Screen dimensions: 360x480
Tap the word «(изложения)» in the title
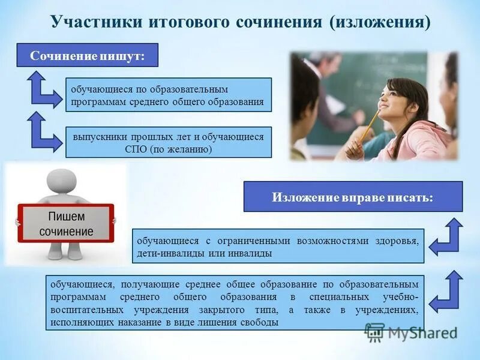point(379,22)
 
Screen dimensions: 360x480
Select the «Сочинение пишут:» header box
point(87,56)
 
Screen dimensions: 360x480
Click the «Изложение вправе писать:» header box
point(353,196)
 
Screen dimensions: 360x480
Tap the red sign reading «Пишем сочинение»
point(66,223)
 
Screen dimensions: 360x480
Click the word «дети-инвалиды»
point(170,254)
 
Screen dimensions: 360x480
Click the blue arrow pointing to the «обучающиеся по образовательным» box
point(43,89)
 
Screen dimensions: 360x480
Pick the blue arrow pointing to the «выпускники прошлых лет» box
point(43,133)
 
